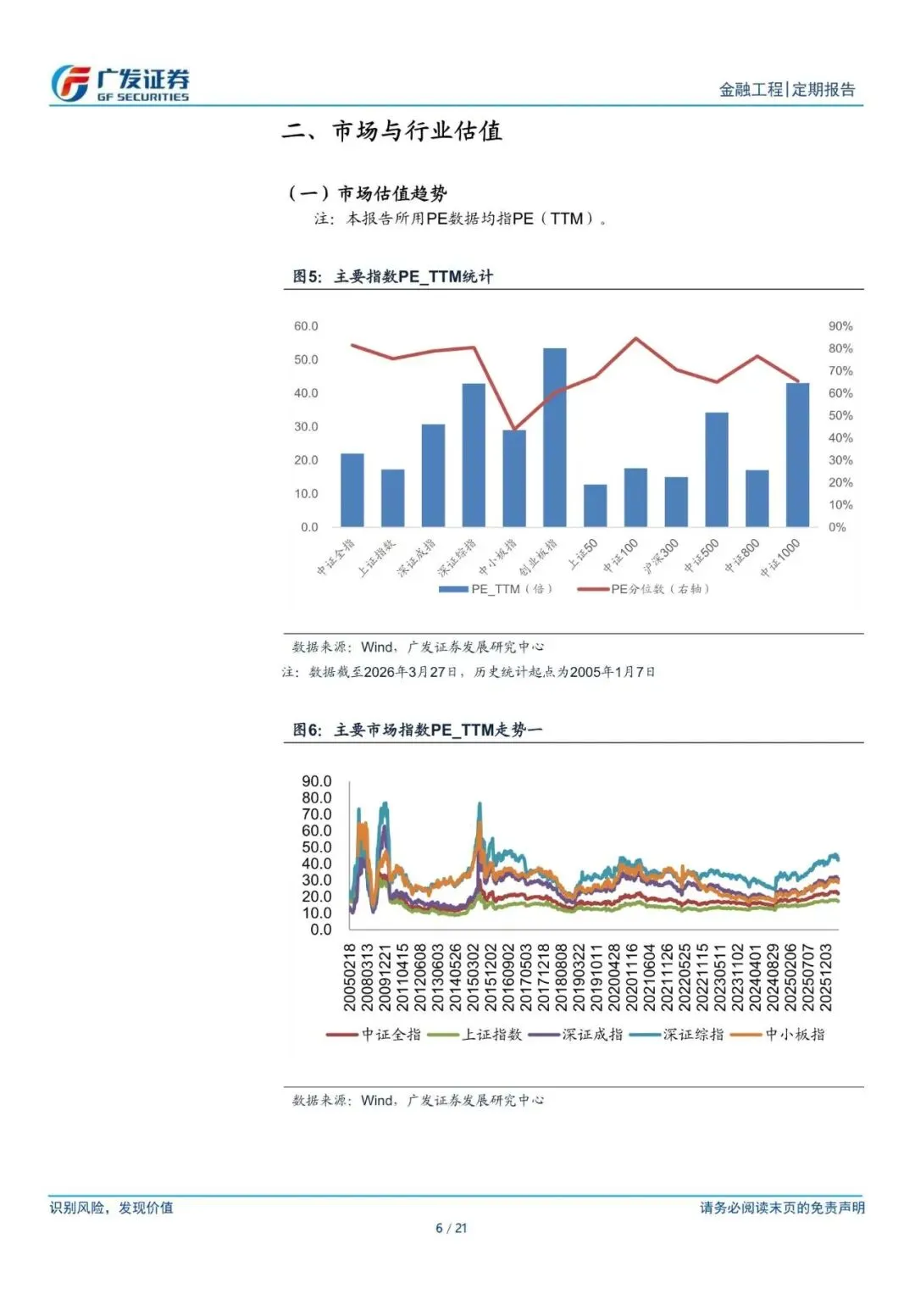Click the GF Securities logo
(x=119, y=84)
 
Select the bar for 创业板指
(x=555, y=437)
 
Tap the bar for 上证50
(x=596, y=505)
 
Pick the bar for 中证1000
(x=797, y=454)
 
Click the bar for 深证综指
(x=474, y=455)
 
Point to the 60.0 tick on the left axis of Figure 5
(x=306, y=326)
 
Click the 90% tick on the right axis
(x=840, y=326)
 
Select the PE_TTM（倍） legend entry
(x=496, y=589)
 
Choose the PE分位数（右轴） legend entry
(x=643, y=589)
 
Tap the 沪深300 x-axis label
(x=663, y=556)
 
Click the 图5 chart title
(x=392, y=276)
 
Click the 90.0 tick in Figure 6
(x=317, y=781)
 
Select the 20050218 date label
(x=350, y=977)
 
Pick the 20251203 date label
(x=826, y=977)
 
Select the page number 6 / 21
(x=452, y=1228)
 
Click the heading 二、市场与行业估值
(x=391, y=131)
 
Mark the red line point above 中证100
(x=636, y=339)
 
